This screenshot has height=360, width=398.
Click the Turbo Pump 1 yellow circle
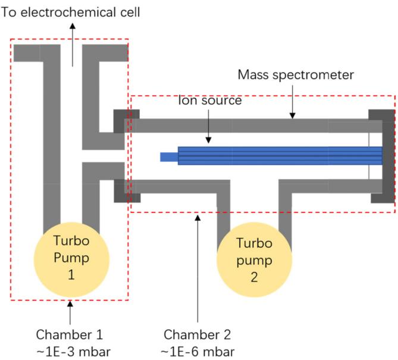pyautogui.click(x=70, y=256)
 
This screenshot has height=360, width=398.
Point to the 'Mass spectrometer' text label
pyautogui.click(x=295, y=76)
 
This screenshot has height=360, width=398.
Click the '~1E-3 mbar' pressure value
pyautogui.click(x=70, y=349)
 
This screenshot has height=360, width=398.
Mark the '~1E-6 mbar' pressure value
pyautogui.click(x=198, y=349)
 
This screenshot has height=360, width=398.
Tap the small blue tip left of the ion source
pyautogui.click(x=169, y=157)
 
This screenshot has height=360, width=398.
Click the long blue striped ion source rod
pyautogui.click(x=280, y=156)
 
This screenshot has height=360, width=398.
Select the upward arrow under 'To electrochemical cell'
pyautogui.click(x=73, y=45)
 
